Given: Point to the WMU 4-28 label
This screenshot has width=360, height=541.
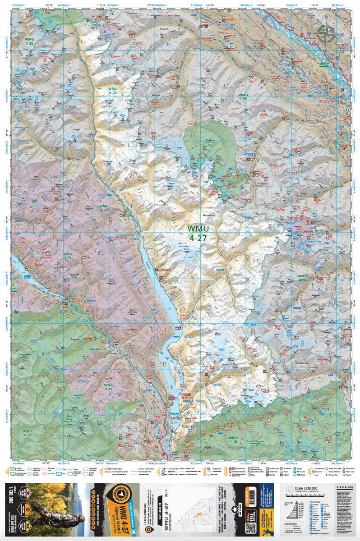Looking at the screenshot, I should [104, 208].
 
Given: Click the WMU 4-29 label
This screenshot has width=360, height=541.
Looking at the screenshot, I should [68, 256].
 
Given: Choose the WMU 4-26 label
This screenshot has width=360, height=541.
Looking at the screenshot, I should [302, 278].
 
